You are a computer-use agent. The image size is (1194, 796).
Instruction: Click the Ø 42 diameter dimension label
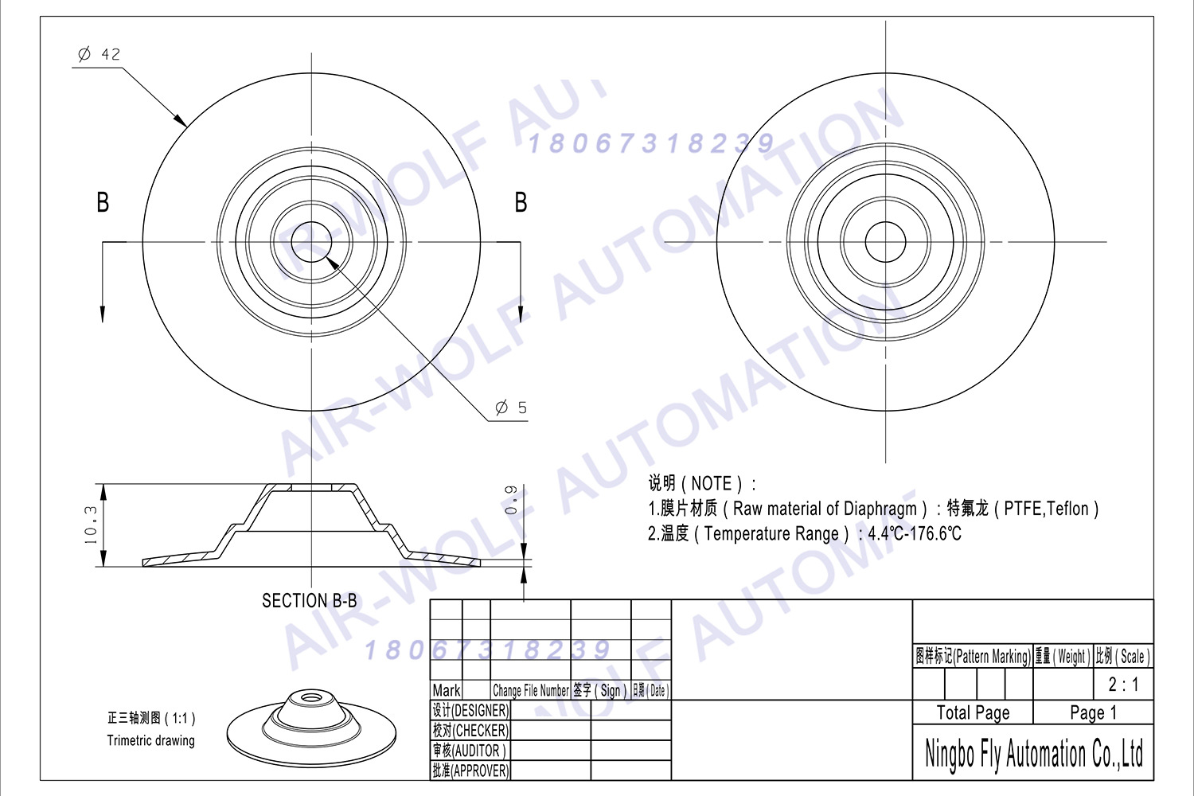click(x=99, y=54)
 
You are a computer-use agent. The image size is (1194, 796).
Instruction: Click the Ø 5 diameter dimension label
click(x=510, y=408)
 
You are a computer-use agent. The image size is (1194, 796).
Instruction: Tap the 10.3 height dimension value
click(x=91, y=525)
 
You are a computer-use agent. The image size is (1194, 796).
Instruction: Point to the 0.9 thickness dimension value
click(x=511, y=500)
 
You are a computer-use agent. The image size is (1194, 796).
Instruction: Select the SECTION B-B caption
click(x=310, y=601)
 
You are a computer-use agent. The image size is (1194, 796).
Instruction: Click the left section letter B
click(x=103, y=202)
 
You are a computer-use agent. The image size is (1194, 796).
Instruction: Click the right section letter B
click(x=521, y=202)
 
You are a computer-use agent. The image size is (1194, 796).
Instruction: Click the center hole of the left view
click(x=311, y=242)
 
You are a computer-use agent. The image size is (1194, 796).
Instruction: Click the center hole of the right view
click(x=885, y=242)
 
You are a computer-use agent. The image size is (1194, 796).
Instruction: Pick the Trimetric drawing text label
click(x=150, y=740)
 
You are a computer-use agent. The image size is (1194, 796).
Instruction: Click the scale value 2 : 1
click(x=1123, y=684)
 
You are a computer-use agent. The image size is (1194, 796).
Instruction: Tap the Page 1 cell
click(x=1093, y=712)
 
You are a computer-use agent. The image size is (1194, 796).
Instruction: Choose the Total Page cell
click(x=973, y=712)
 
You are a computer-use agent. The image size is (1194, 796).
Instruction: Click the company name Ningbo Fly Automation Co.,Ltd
click(x=1033, y=753)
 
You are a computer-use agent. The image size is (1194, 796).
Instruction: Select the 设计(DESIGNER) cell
click(x=470, y=710)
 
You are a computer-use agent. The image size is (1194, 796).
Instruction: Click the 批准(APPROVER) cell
click(x=470, y=771)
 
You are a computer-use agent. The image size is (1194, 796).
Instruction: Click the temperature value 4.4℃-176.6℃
click(x=914, y=533)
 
